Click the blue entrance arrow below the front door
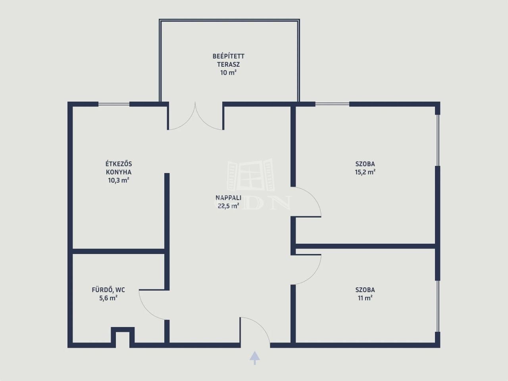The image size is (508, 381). point(254,358)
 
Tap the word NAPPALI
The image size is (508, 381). point(228,198)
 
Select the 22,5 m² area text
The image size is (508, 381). point(228,206)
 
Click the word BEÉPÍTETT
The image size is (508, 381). point(229,56)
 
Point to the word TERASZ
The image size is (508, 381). point(229,65)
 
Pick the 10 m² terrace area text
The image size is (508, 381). point(229,73)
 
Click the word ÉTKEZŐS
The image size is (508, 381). point(119,164)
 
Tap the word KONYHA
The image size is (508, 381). point(119,172)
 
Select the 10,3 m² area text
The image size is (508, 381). point(119,180)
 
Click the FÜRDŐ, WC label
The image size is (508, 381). point(108,290)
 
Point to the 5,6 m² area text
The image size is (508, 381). point(108,298)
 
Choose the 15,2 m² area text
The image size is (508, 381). point(365,172)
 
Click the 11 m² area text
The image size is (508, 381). point(365,298)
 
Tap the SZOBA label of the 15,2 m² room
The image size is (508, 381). point(365,164)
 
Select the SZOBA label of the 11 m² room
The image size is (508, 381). point(365,290)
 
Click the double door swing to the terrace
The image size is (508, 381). point(196,115)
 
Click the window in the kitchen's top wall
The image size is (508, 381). point(114,104)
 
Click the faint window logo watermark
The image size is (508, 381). point(251,175)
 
